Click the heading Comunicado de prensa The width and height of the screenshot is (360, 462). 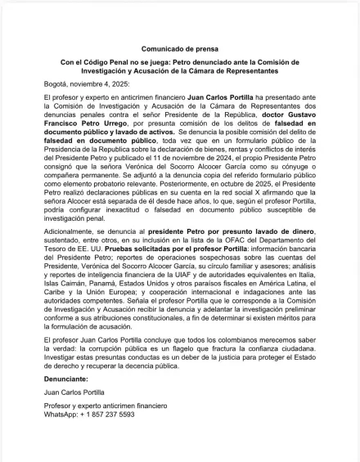point(179,49)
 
